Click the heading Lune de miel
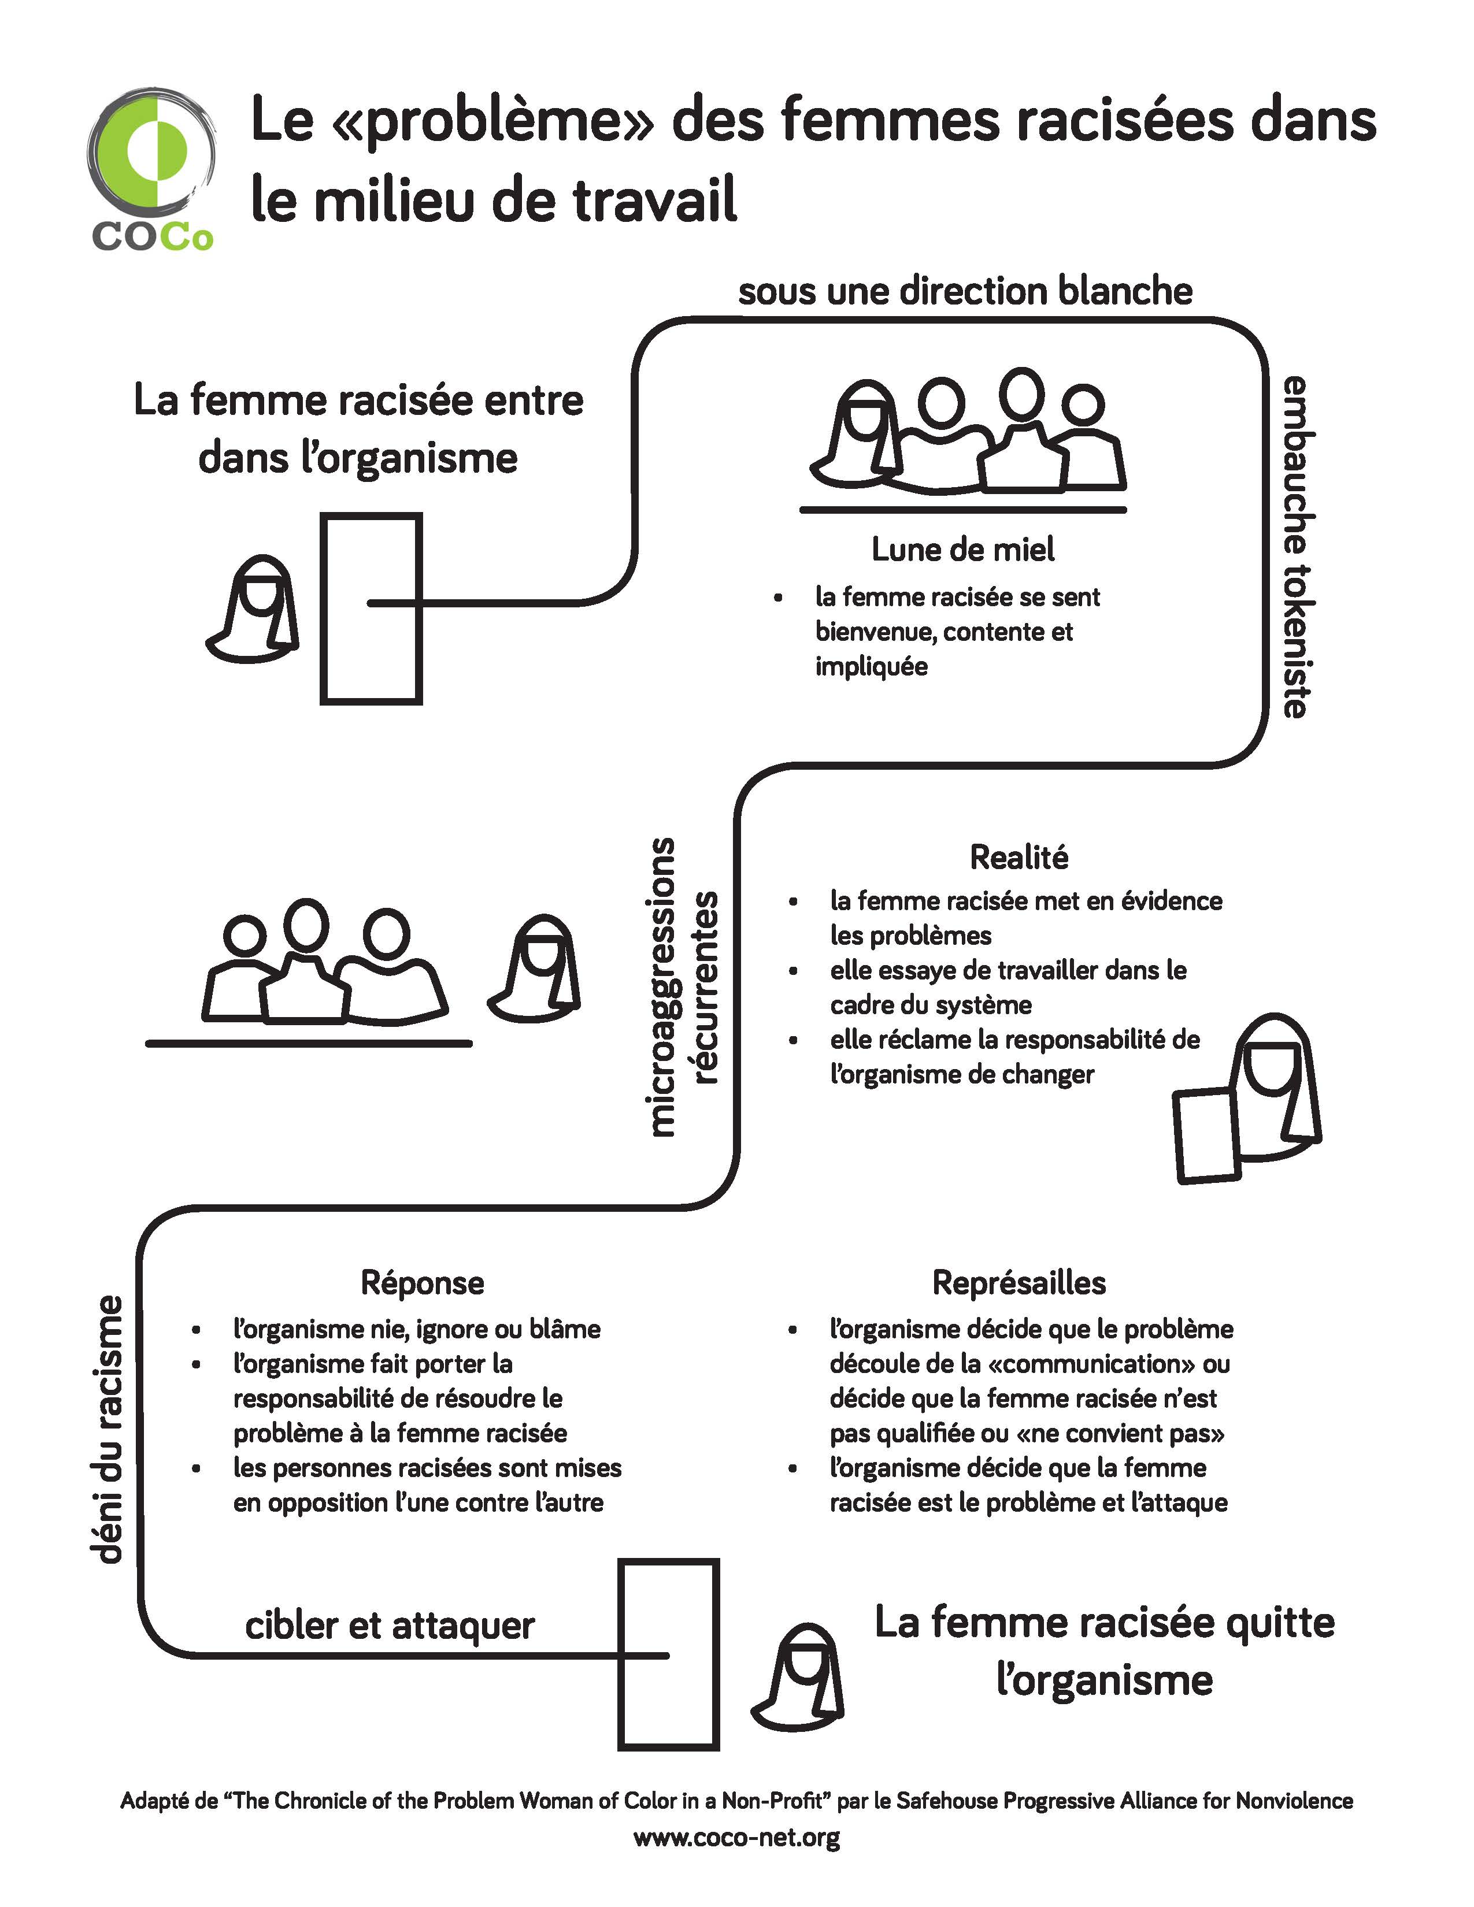click(963, 549)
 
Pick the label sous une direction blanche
click(965, 291)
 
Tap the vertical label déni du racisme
click(106, 1429)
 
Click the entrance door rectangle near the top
click(371, 608)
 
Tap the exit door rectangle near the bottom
click(669, 1654)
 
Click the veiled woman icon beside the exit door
click(797, 1678)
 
